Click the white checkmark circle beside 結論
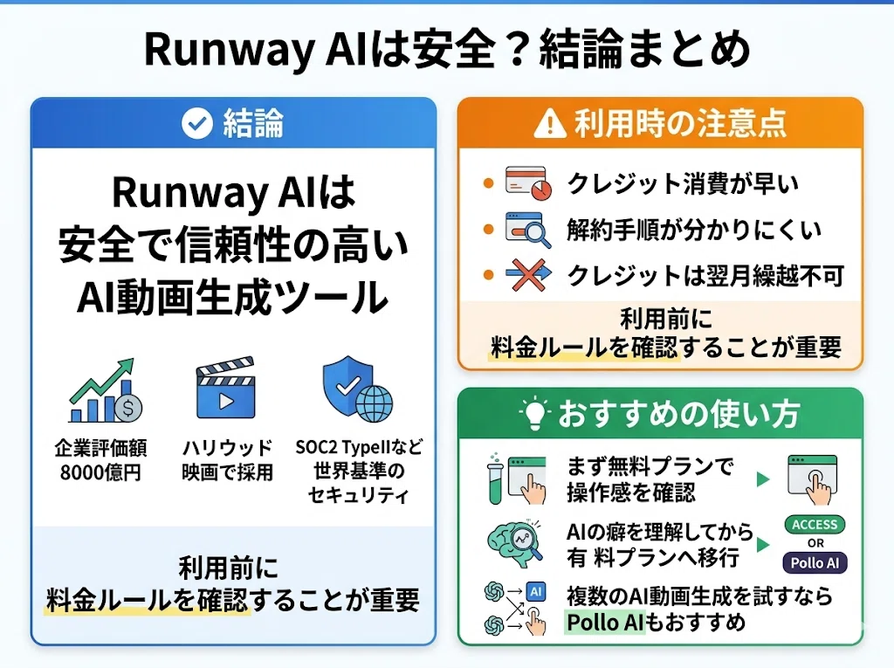pyautogui.click(x=197, y=124)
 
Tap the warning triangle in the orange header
pyautogui.click(x=550, y=123)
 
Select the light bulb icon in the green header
pyautogui.click(x=535, y=413)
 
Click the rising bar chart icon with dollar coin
pyautogui.click(x=106, y=391)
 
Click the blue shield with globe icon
pyautogui.click(x=357, y=389)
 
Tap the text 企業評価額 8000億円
pyautogui.click(x=101, y=460)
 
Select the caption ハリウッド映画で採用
pyautogui.click(x=228, y=460)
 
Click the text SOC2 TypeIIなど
pyautogui.click(x=359, y=447)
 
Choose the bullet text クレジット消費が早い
pyautogui.click(x=683, y=183)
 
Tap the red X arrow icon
pyautogui.click(x=528, y=274)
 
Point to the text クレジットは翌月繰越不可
pyautogui.click(x=705, y=276)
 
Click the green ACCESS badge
pyautogui.click(x=815, y=525)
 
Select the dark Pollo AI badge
pyautogui.click(x=815, y=563)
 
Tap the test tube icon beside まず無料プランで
pyautogui.click(x=495, y=479)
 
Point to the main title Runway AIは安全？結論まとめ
pyautogui.click(x=448, y=50)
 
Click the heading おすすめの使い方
pyautogui.click(x=679, y=414)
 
